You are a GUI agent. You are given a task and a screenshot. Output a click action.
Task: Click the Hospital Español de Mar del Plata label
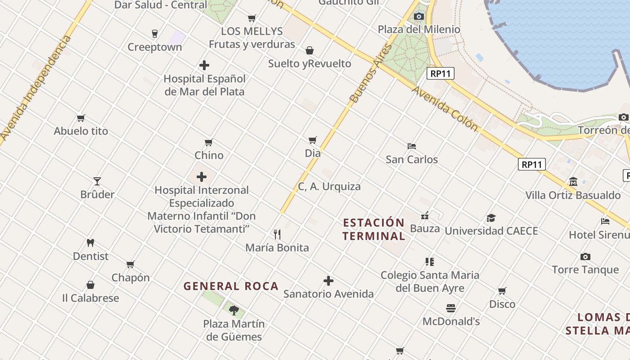coord(205,85)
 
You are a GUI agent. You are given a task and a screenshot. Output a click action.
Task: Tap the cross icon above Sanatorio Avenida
coord(328,281)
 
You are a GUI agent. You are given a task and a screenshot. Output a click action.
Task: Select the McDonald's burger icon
coord(451,308)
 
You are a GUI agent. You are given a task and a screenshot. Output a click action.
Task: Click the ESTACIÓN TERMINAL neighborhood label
coord(373,229)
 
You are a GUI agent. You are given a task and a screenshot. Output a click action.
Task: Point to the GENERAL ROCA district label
coord(231,286)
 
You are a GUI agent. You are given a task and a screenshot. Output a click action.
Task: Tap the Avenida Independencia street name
coord(36,88)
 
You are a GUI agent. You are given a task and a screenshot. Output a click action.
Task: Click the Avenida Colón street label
coord(445,109)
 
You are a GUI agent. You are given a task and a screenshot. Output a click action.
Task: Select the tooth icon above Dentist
coord(90,243)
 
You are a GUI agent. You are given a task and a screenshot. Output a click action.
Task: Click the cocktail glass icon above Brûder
coord(97,181)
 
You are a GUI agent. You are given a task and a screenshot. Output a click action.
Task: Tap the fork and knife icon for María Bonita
coord(277,234)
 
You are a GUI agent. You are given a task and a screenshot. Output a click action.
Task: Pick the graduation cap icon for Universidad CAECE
coord(491,218)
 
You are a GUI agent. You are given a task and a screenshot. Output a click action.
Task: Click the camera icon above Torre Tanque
coord(585,256)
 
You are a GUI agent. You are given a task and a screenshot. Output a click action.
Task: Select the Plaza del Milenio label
coord(419,30)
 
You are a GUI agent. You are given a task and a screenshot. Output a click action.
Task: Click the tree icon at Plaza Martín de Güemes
coord(234,310)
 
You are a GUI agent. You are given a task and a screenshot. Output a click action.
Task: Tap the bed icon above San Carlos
coord(411,146)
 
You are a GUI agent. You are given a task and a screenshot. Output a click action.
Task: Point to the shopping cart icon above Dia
coord(313,140)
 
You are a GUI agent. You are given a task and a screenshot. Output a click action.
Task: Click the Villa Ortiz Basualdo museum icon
coord(573,182)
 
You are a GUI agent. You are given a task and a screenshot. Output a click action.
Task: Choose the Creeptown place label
coord(155,47)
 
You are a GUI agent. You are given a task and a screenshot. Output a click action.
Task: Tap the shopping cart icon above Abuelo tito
coord(81,118)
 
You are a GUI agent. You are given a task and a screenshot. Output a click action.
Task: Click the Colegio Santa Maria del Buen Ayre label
coord(430,281)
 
